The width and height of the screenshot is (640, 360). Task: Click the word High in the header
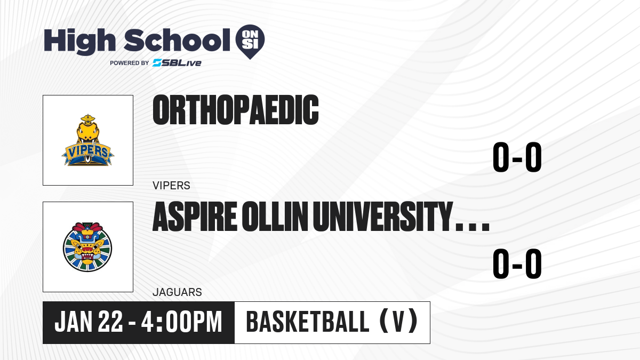(79, 41)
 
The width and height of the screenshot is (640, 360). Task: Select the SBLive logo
(177, 62)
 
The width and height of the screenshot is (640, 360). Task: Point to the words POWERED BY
(130, 63)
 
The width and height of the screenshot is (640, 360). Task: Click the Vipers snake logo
(87, 140)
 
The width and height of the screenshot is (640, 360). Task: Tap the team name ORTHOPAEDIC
(235, 110)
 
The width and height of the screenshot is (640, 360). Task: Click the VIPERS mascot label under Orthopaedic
(171, 186)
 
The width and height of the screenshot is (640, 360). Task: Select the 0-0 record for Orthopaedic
(517, 157)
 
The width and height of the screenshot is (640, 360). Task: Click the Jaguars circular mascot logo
(87, 247)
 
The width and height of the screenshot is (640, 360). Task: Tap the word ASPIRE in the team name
(195, 217)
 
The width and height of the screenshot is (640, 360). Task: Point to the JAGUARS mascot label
(177, 292)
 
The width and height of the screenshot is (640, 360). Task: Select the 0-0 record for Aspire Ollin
(517, 263)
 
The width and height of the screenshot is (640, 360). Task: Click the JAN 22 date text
(89, 322)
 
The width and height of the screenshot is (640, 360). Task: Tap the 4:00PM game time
(181, 322)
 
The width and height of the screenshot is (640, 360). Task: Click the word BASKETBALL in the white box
(307, 322)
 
